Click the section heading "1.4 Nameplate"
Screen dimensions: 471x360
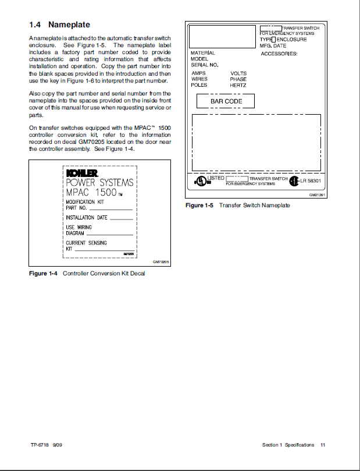pos(59,25)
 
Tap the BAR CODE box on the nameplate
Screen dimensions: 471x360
pos(226,101)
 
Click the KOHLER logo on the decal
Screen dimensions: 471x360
pos(81,173)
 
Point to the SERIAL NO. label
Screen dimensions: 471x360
pos(204,65)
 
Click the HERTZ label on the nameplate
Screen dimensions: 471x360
pos(238,85)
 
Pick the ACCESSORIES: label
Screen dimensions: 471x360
pos(279,54)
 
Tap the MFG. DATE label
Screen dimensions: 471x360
pos(273,45)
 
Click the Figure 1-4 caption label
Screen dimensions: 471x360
pos(43,274)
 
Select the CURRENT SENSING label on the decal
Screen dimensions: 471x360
pos(86,243)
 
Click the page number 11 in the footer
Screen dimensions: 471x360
pos(323,445)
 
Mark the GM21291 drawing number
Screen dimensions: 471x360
pos(317,195)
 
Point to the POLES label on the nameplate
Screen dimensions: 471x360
pos(199,85)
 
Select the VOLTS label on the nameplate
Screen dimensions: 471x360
pos(238,73)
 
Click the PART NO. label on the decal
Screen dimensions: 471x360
pos(76,207)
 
